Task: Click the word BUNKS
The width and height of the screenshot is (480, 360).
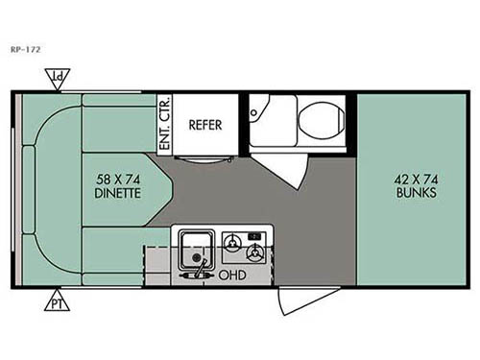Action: [x=416, y=192]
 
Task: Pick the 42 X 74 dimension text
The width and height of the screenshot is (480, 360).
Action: [x=416, y=176]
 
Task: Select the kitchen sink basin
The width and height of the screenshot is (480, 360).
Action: [x=196, y=247]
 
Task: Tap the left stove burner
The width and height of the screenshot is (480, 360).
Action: [x=231, y=240]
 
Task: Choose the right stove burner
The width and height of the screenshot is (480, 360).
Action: [x=255, y=254]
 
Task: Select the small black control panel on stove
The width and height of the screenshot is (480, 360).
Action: [x=255, y=235]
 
